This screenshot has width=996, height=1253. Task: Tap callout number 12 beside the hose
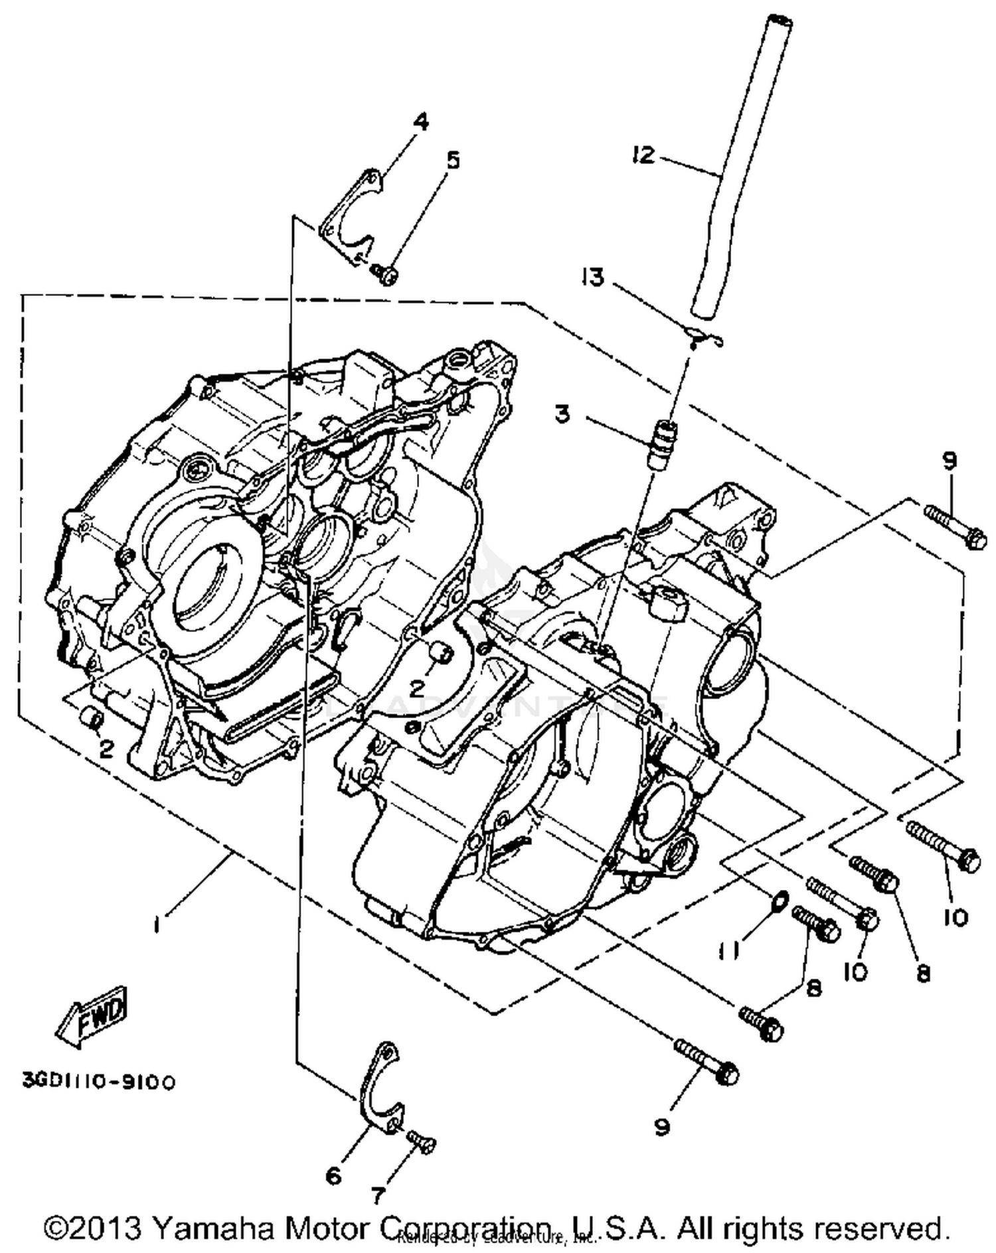pos(643,156)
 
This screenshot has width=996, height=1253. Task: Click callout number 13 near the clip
pos(592,276)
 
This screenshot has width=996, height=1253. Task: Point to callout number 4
pos(420,122)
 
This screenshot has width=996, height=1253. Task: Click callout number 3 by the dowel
pos(562,415)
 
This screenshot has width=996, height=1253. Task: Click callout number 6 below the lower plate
pos(333,1176)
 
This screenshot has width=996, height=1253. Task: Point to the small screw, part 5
pos(385,273)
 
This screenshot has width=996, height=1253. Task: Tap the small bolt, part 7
pos(422,1140)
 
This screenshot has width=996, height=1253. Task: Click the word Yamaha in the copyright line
pos(212,1227)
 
